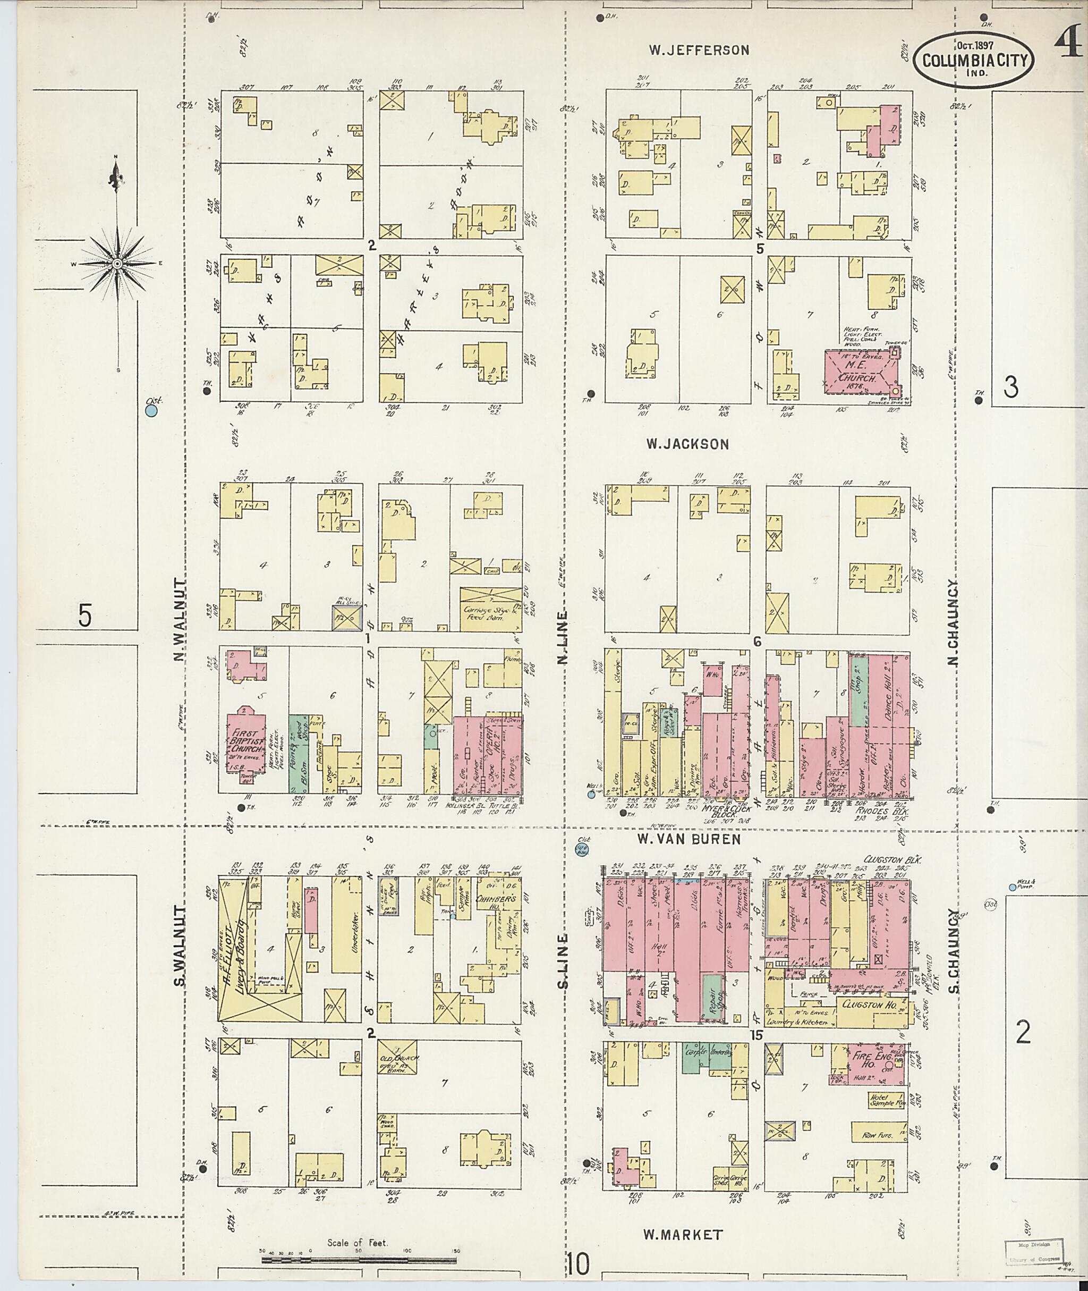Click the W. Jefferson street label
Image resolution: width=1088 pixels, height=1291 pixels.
pos(699,50)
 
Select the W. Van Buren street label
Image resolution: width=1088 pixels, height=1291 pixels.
pos(688,839)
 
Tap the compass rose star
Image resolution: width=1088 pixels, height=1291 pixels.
pos(116,264)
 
